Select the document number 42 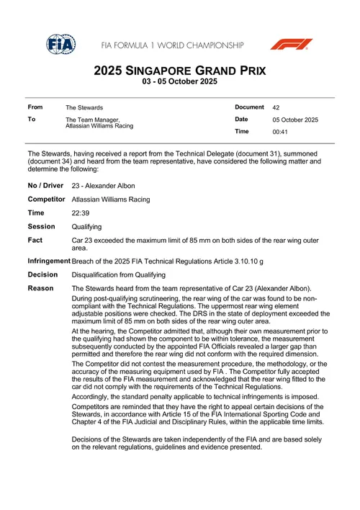(x=276, y=107)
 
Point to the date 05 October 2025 (x=295, y=120)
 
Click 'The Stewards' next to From (x=84, y=107)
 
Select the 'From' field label (x=35, y=107)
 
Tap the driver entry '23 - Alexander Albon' (x=105, y=186)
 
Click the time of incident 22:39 (x=81, y=214)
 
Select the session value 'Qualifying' (x=87, y=227)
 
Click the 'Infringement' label (x=49, y=260)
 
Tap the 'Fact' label (x=36, y=240)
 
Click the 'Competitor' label (x=48, y=200)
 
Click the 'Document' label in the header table (x=250, y=107)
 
